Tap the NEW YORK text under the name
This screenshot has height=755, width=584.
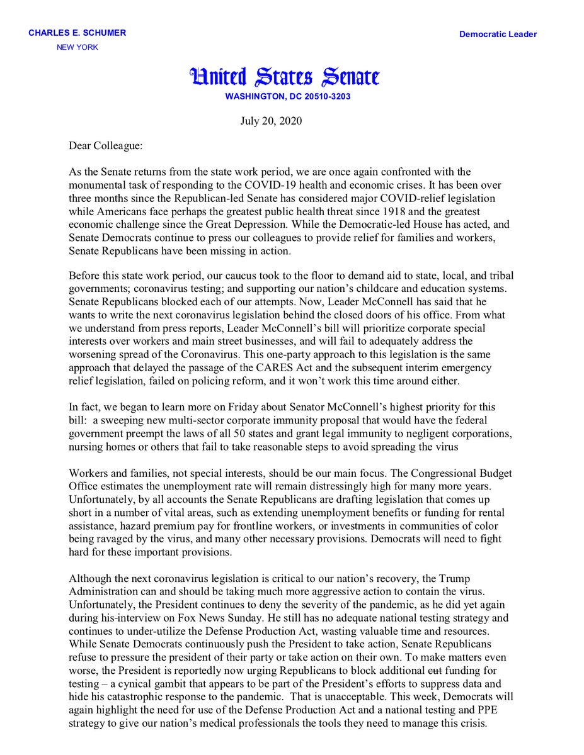pos(77,47)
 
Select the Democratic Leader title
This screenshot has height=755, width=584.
pos(498,35)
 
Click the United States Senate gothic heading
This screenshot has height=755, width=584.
pos(285,77)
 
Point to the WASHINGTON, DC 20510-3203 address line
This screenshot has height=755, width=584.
pos(287,97)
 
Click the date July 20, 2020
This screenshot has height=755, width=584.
pos(267,121)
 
